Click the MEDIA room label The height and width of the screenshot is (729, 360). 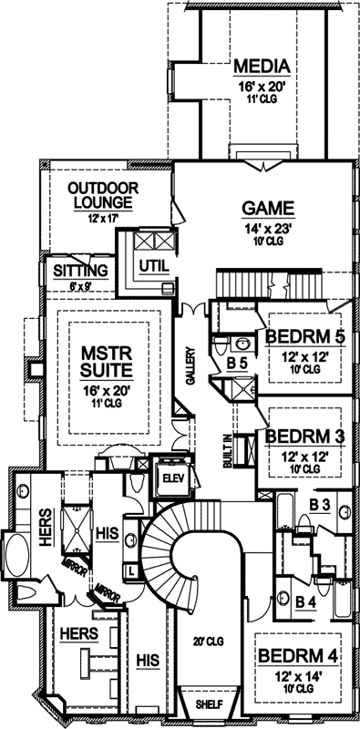261,67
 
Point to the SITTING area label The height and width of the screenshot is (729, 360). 80,271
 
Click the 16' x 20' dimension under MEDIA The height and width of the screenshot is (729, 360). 261,85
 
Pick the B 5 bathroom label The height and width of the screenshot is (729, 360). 237,363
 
